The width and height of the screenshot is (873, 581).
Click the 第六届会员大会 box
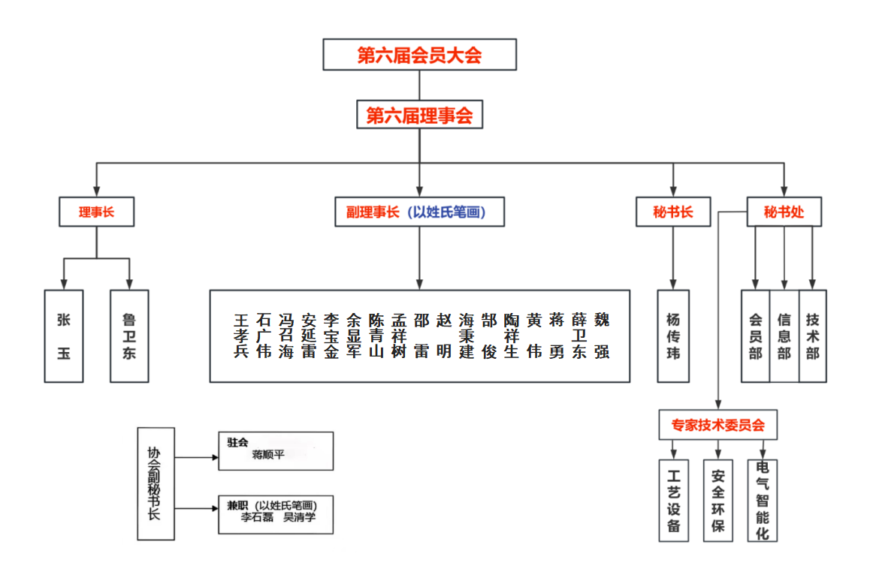point(419,55)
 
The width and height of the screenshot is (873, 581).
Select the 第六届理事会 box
point(419,116)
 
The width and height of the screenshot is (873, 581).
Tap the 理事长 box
point(96,212)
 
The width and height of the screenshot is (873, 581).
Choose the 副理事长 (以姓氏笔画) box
point(419,212)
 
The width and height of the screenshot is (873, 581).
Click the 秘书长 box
point(673,212)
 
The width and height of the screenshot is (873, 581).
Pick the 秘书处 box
point(784,212)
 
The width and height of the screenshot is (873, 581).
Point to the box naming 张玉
point(64,336)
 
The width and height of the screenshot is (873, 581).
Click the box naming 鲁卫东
point(129,336)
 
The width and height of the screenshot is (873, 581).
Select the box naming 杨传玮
point(673,336)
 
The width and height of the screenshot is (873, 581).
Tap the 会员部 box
point(755,336)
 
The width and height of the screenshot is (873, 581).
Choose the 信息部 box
point(784,336)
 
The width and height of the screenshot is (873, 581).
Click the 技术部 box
point(812,336)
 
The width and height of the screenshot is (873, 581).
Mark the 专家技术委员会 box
point(717,425)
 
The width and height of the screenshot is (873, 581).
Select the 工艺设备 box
point(673,500)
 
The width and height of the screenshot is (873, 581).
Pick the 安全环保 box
point(717,500)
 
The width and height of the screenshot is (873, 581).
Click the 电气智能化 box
point(763,500)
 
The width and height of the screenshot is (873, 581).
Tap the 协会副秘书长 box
point(156,483)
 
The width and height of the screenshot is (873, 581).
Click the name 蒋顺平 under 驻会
point(268,455)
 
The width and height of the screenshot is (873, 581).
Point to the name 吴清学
point(300,518)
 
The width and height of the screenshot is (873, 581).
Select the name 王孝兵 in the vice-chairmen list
point(241,336)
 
